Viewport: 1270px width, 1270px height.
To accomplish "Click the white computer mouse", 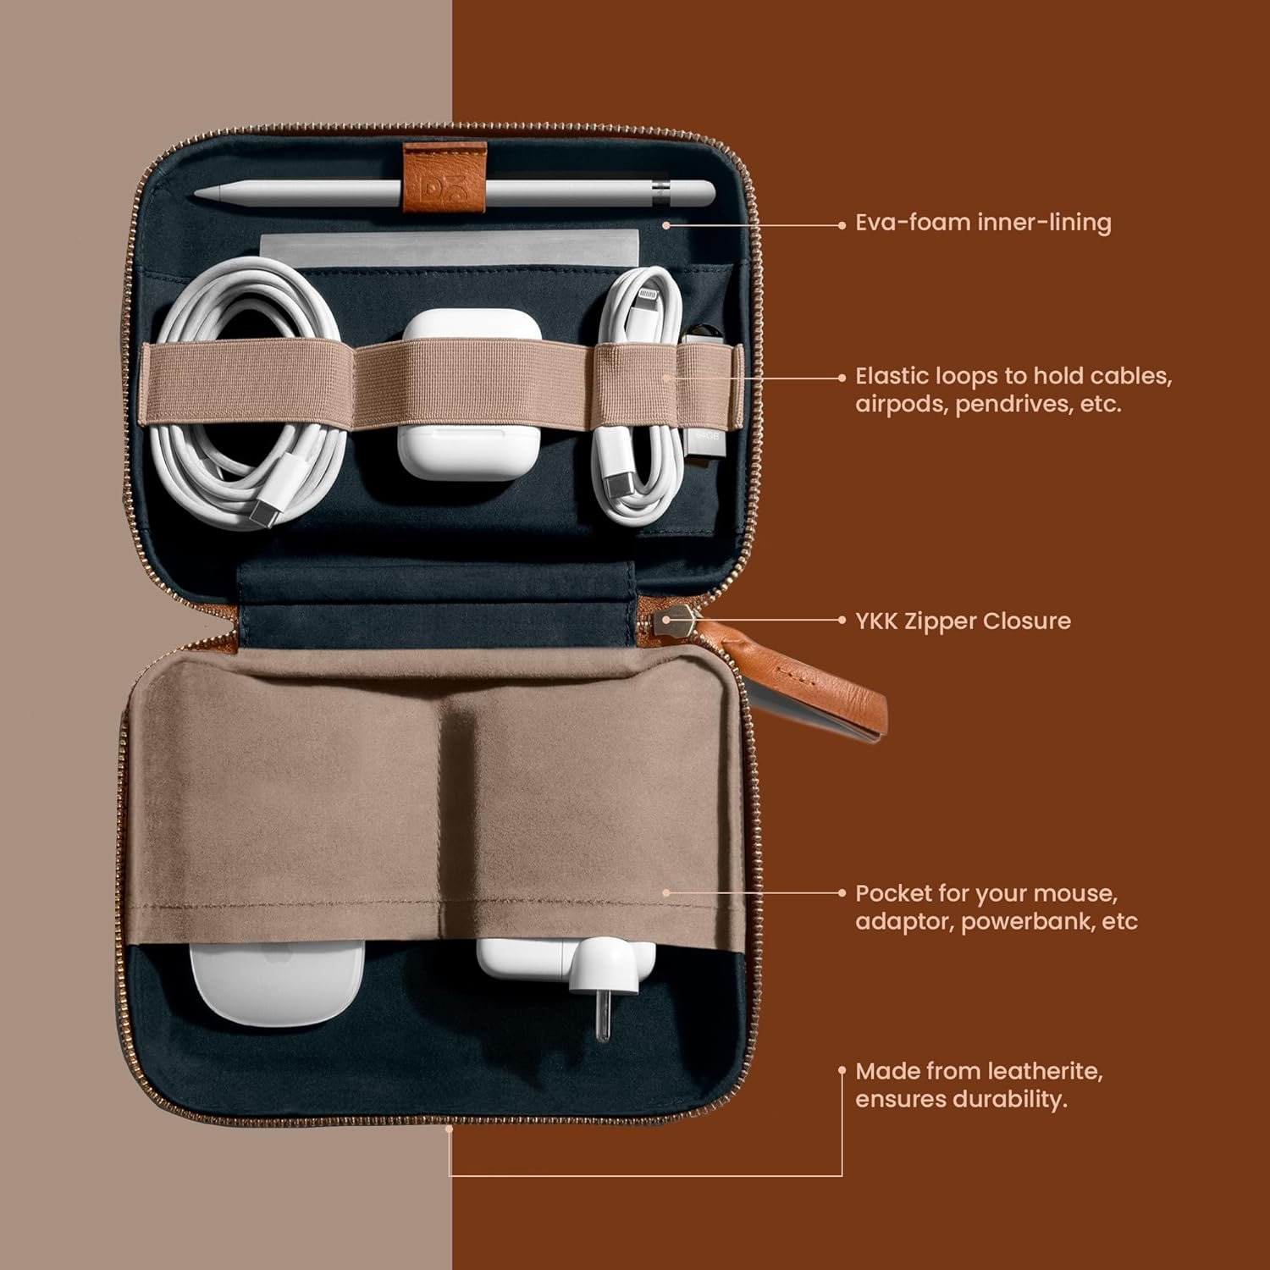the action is tap(277, 982).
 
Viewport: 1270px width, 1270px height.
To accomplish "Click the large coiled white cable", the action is tap(251, 392).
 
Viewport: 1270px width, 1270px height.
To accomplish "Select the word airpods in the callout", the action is tap(902, 404).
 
